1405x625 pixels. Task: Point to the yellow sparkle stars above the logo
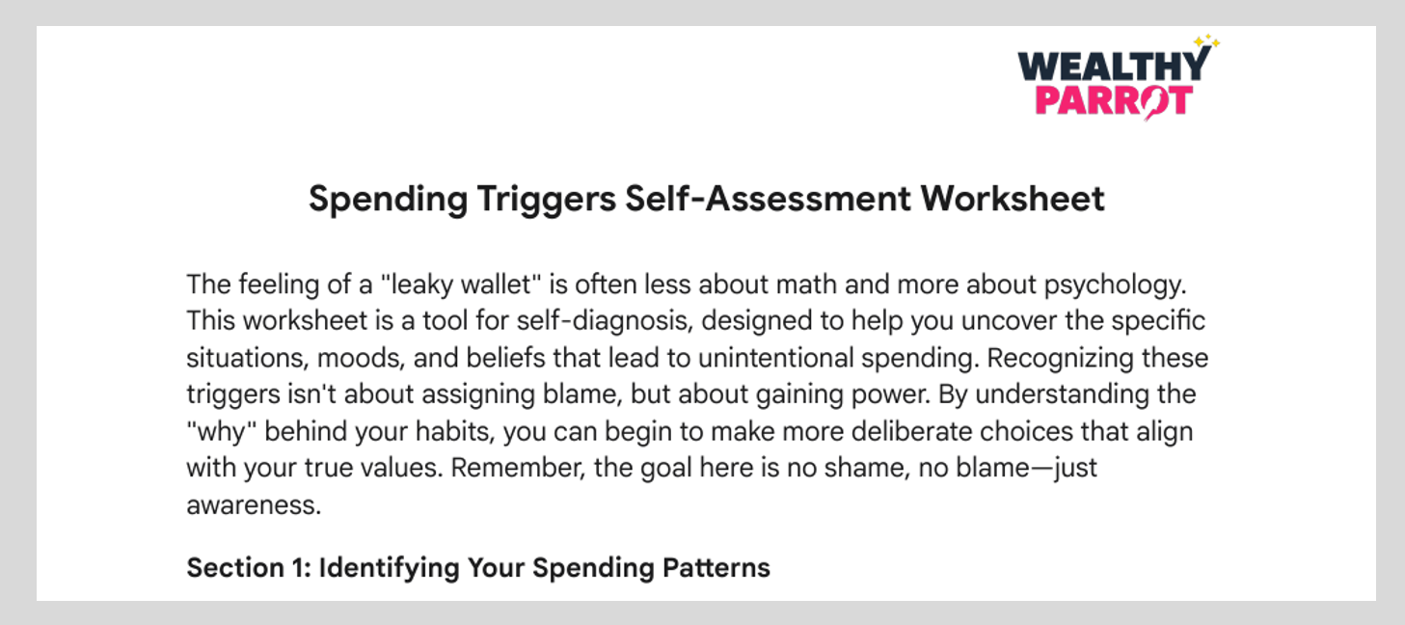click(x=1206, y=41)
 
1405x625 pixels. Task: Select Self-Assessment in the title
click(x=768, y=199)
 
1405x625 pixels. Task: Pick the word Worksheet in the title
click(x=1013, y=199)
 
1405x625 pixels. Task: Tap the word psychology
click(x=1115, y=285)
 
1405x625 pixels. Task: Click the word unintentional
click(x=775, y=358)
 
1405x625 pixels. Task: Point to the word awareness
click(x=254, y=505)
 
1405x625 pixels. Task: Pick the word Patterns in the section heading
click(x=716, y=567)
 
